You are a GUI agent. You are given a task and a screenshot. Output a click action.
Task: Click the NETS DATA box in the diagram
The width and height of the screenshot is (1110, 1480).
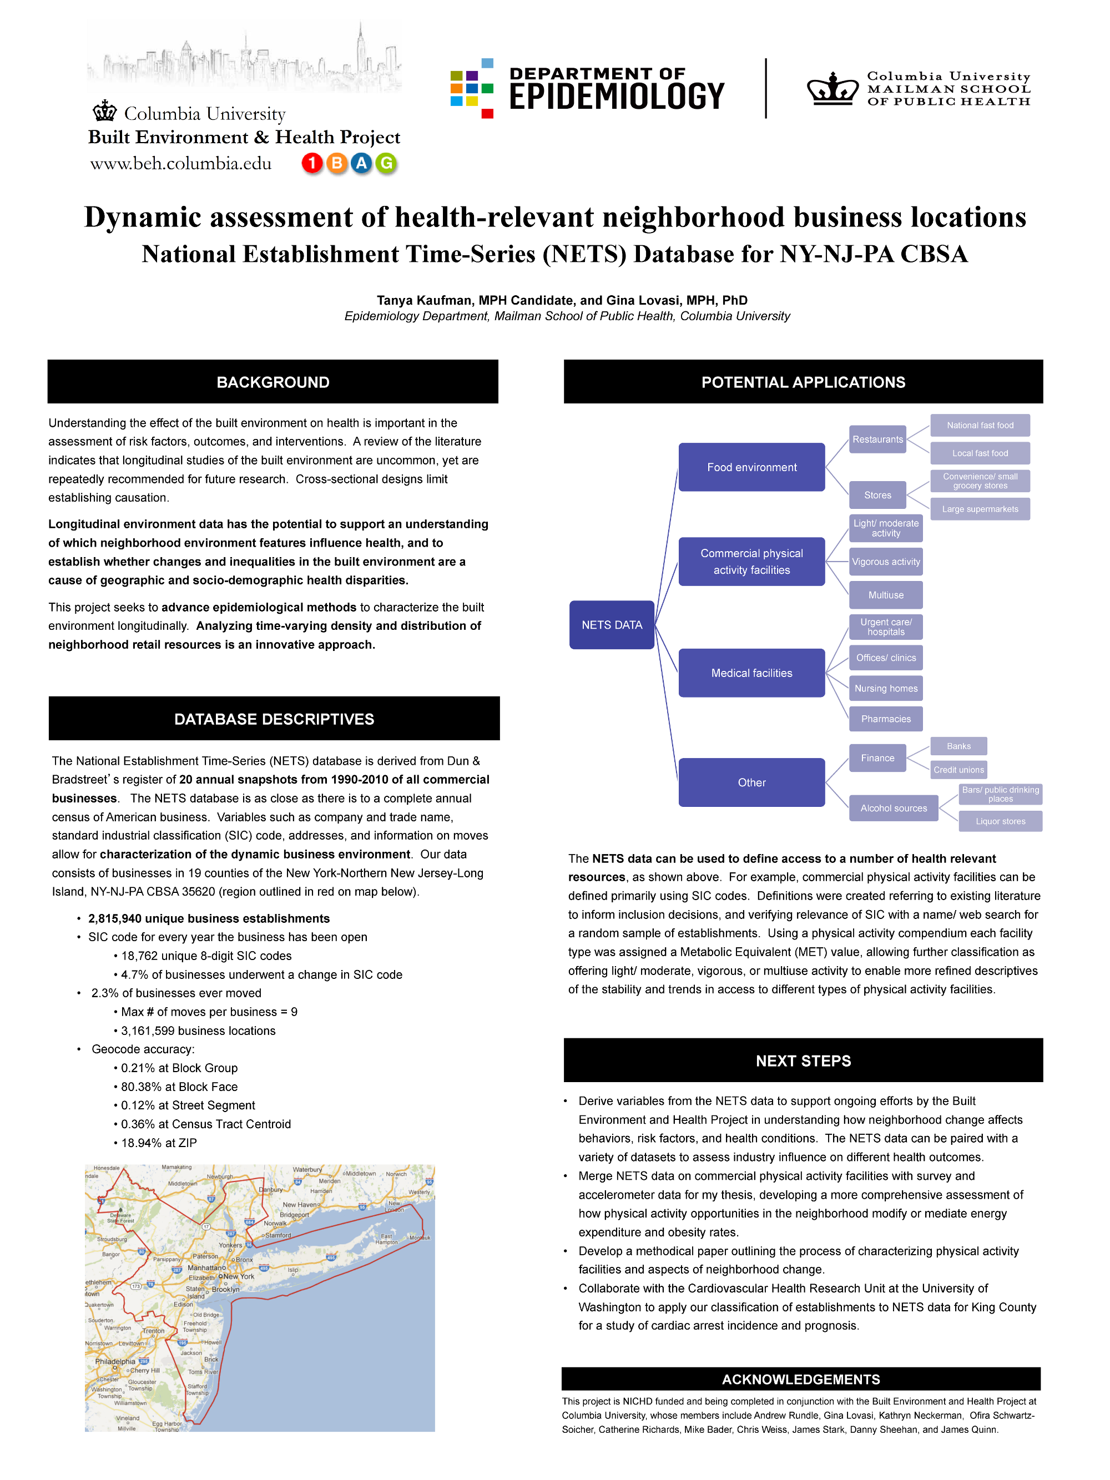tap(611, 624)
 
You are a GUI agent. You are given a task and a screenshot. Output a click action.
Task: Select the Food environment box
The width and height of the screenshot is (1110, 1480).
tap(751, 467)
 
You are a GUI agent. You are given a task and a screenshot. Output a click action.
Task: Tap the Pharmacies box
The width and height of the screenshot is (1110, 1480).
tap(885, 719)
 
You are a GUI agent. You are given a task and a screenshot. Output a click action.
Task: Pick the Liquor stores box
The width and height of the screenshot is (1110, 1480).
tap(1000, 821)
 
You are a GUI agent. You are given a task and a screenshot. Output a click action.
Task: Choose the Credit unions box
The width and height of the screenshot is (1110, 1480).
tap(958, 770)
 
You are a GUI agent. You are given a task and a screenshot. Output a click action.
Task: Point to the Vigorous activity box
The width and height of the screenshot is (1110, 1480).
tap(885, 562)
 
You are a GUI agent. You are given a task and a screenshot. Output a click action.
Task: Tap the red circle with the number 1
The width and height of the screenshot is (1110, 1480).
tap(312, 163)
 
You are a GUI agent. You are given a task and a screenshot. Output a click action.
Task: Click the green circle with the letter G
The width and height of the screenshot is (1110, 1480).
tap(386, 163)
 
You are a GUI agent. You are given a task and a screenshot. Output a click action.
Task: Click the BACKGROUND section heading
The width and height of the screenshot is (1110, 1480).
tap(273, 382)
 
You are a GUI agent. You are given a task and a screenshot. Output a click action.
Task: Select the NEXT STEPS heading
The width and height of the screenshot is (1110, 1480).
tap(803, 1060)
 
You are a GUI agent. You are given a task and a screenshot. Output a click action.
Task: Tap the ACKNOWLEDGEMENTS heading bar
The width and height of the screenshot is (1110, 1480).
tap(800, 1379)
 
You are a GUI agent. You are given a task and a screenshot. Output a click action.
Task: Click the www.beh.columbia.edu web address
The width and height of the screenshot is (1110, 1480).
tap(180, 164)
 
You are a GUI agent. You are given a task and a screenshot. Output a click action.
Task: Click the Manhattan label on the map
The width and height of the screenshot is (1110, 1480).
tap(206, 1268)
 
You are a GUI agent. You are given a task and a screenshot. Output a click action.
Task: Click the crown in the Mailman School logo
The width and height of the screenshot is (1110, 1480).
tap(831, 89)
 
